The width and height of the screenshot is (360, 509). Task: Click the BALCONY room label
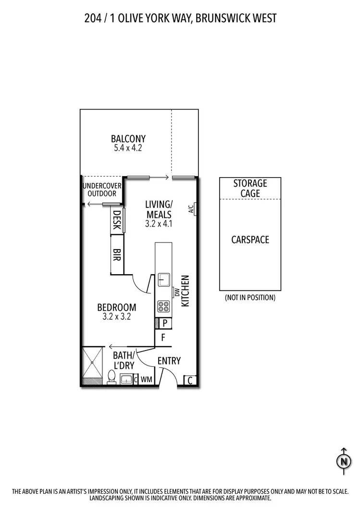pyautogui.click(x=128, y=139)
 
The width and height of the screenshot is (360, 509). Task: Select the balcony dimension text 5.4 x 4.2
pyautogui.click(x=128, y=148)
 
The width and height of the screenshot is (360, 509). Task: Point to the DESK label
pyautogui.click(x=117, y=220)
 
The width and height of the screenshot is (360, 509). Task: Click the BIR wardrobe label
pyautogui.click(x=117, y=254)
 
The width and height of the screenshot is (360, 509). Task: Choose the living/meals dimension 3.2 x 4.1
pyautogui.click(x=158, y=224)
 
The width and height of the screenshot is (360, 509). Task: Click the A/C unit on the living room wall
pyautogui.click(x=192, y=208)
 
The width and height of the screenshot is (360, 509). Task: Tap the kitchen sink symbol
pyautogui.click(x=163, y=279)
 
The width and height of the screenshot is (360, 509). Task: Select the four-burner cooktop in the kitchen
pyautogui.click(x=163, y=306)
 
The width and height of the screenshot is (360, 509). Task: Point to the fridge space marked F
pyautogui.click(x=163, y=338)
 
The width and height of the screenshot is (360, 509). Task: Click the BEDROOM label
pyautogui.click(x=116, y=307)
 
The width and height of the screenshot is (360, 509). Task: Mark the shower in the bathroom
pyautogui.click(x=92, y=364)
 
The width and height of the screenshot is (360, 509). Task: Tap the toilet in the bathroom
pyautogui.click(x=112, y=377)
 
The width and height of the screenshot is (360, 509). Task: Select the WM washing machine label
pyautogui.click(x=147, y=379)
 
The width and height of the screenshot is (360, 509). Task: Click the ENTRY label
pyautogui.click(x=169, y=361)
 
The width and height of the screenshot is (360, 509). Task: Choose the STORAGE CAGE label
pyautogui.click(x=250, y=188)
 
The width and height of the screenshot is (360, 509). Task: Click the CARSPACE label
pyautogui.click(x=250, y=240)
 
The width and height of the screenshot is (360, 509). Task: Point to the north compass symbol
pyautogui.click(x=343, y=460)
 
